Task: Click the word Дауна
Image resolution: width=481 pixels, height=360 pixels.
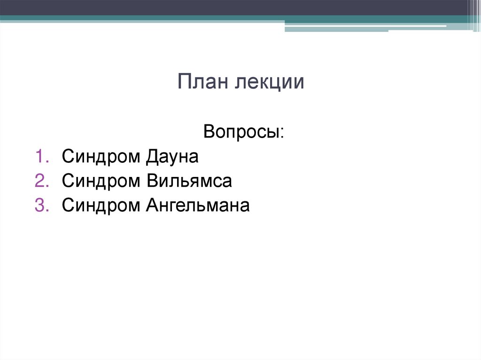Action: [172, 157]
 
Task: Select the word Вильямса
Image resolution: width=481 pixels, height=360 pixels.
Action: [189, 181]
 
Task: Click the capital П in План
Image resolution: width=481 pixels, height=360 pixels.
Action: [184, 82]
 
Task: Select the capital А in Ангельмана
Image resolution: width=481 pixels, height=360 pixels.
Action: [152, 205]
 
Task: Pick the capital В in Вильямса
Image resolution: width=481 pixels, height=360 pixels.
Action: [151, 181]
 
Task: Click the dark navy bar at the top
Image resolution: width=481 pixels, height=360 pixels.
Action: [235, 8]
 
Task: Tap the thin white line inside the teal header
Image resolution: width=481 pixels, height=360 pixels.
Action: [366, 26]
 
